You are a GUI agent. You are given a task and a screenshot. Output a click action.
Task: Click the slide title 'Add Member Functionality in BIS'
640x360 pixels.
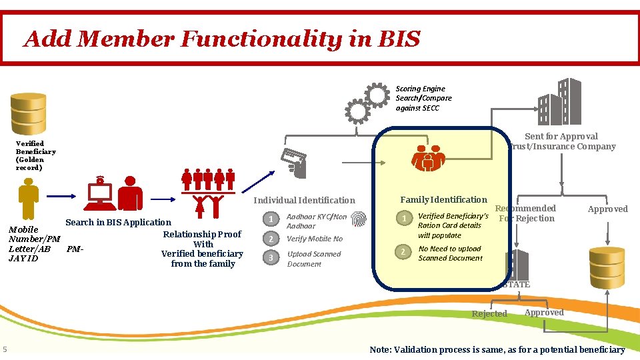222,39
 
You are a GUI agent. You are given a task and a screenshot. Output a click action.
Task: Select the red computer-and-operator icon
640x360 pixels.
114,193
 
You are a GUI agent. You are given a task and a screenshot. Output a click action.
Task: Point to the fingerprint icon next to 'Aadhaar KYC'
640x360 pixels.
359,221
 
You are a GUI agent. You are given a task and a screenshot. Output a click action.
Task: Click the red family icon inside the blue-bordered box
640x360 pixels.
428,158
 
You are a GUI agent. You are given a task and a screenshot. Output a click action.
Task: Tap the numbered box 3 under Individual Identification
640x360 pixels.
270,258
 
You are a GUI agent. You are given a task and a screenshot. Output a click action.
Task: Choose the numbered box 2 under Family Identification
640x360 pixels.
403,251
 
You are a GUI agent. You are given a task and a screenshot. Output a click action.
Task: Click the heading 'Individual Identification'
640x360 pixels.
305,200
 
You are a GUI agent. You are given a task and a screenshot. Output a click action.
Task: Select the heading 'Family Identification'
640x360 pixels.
443,199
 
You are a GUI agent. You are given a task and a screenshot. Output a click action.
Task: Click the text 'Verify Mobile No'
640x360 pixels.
315,239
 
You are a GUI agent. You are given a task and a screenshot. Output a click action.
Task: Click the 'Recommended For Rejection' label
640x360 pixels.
526,213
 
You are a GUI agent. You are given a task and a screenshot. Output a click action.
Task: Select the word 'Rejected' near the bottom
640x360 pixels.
489,314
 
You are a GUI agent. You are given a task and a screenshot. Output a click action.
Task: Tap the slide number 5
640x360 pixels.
5,350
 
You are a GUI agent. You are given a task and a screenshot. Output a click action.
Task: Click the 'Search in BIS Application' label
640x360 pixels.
118,222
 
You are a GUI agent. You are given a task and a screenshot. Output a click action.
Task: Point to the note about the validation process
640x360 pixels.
497,350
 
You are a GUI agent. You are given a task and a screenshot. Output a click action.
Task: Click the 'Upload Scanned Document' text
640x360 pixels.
314,259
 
